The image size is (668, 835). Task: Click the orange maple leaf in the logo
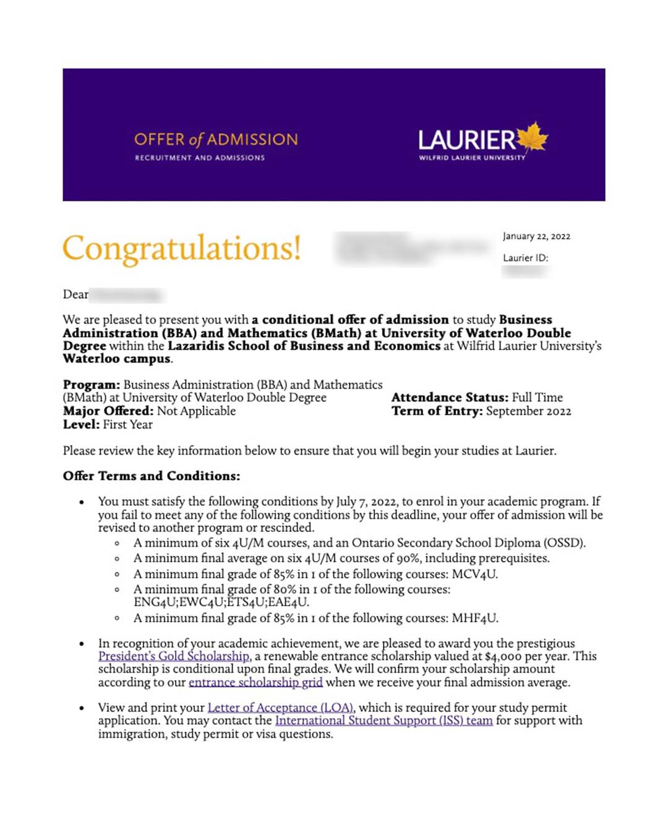(x=533, y=137)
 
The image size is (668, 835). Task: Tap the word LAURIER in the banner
(x=466, y=140)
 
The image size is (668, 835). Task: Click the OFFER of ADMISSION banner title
(x=216, y=139)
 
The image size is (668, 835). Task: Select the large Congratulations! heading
(x=181, y=248)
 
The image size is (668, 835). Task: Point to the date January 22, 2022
(x=536, y=236)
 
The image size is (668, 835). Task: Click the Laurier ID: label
(x=525, y=258)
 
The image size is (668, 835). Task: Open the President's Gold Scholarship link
(x=174, y=656)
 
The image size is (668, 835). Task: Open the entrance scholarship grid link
(x=255, y=682)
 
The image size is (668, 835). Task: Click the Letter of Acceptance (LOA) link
(x=281, y=708)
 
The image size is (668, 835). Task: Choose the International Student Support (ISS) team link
(x=383, y=721)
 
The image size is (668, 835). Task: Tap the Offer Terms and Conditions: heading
(x=152, y=476)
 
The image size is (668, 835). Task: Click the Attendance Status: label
(x=450, y=398)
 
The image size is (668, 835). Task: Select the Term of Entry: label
(x=437, y=411)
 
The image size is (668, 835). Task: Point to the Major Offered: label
(x=108, y=411)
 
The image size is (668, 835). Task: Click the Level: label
(x=81, y=425)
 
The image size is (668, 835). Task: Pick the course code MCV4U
(x=474, y=574)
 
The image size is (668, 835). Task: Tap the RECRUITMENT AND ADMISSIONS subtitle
(x=200, y=158)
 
